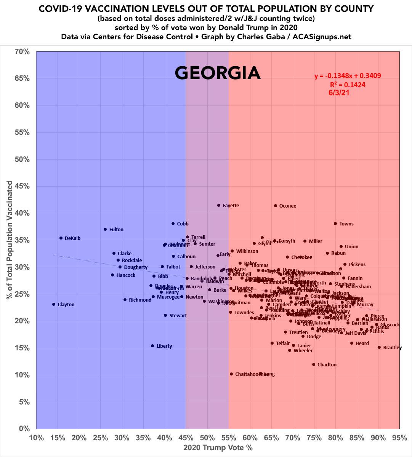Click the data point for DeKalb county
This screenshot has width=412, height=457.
[x=61, y=238]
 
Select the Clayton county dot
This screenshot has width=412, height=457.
[x=54, y=304]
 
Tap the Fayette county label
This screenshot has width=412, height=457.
[x=231, y=206]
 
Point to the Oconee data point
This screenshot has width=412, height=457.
[x=276, y=206]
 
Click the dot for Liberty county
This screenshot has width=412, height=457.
[x=152, y=346]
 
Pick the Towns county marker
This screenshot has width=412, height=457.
[x=335, y=224]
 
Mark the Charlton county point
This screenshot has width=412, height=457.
[x=314, y=364]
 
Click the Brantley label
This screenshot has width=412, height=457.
[x=392, y=348]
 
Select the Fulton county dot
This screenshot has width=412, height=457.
[x=105, y=229]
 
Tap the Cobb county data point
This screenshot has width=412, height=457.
[x=173, y=224]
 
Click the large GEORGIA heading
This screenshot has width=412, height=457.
[x=218, y=73]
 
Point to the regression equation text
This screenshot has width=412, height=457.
[x=348, y=76]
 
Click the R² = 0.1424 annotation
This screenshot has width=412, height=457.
[x=348, y=85]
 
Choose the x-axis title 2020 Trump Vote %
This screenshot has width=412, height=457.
[x=218, y=448]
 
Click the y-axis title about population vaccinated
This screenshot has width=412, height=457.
[x=9, y=240]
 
